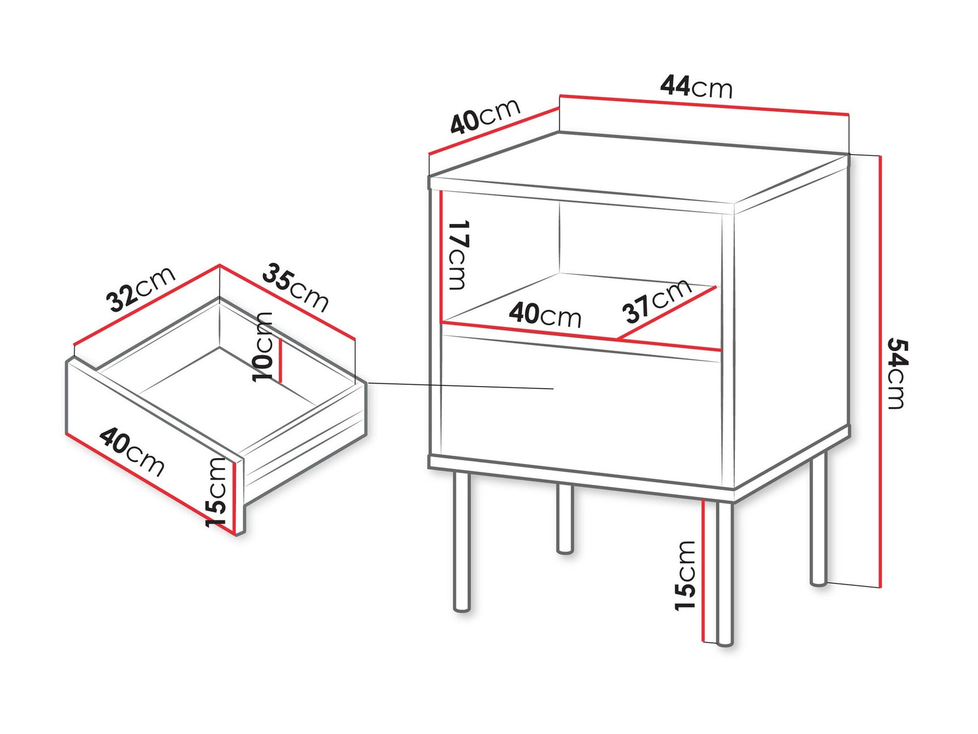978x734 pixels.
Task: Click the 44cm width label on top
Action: point(696,87)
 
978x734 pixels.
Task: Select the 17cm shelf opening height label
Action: point(457,255)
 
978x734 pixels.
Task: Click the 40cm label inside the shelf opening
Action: point(545,315)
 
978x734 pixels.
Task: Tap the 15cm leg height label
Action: point(685,575)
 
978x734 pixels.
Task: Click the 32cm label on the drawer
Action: point(141,289)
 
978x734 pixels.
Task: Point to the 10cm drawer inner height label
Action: point(263,346)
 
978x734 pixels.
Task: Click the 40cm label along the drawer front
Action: point(131,452)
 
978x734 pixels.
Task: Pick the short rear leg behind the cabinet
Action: point(564,519)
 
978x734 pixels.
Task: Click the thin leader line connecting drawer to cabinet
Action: point(459,386)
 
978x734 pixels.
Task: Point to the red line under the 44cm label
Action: point(704,105)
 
